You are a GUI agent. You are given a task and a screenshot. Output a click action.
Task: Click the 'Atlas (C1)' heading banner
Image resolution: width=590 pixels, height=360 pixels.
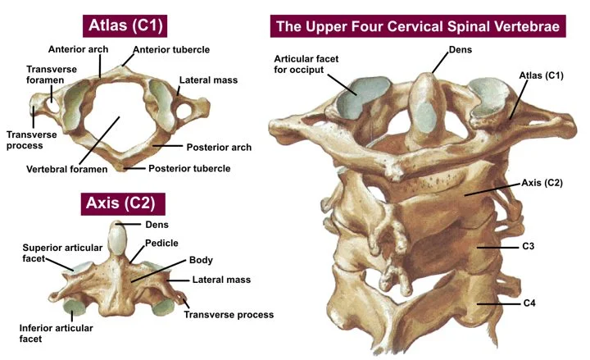pos(125,25)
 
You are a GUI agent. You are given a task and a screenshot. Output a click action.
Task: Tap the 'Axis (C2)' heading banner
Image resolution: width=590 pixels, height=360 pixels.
pos(123,202)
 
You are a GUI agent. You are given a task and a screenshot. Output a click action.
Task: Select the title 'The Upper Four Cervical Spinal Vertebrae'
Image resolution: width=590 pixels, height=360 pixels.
pos(418,26)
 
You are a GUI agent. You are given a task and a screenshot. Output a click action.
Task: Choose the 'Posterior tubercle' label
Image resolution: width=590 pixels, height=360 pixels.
pos(188,169)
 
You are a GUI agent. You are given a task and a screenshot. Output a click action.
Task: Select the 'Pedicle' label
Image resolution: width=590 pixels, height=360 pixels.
pos(161,244)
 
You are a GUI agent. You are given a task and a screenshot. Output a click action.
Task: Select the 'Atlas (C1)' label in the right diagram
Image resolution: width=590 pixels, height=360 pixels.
pos(542,75)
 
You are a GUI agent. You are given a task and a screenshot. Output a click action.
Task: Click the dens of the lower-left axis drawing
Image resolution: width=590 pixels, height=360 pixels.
pos(121,238)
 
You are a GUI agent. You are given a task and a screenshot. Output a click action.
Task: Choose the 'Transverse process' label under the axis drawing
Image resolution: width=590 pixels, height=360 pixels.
pos(229,314)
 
